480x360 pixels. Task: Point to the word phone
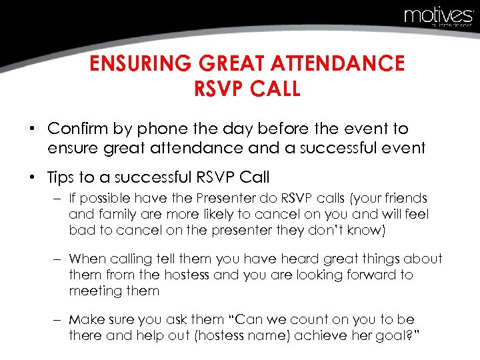[182, 129]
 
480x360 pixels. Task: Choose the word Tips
[62, 178]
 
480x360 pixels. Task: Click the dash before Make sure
[56, 320]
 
